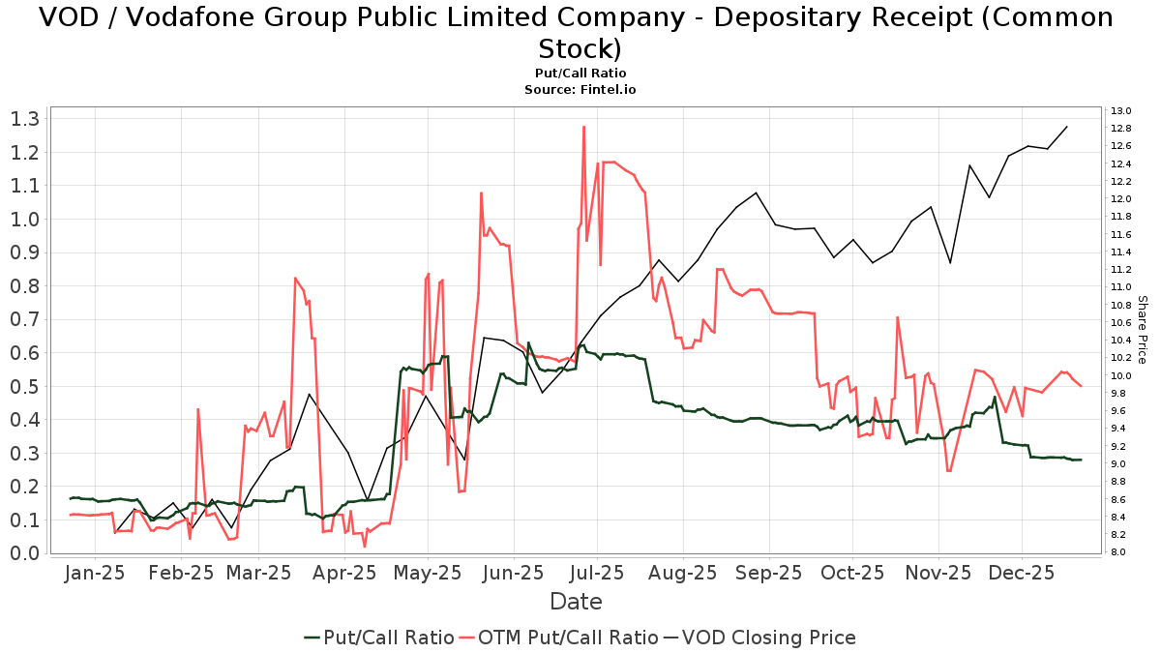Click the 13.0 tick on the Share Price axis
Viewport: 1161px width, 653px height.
(1121, 110)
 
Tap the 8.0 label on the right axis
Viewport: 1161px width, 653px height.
(1119, 552)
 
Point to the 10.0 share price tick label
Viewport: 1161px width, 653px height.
(1121, 375)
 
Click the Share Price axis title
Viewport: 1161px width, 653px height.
(1142, 330)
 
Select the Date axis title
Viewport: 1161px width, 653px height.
(576, 602)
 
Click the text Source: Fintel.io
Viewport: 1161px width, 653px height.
(580, 89)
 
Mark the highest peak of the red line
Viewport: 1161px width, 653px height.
(583, 127)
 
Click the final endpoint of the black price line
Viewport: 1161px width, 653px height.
(1067, 126)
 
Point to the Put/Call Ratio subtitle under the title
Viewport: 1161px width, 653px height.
(580, 73)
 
